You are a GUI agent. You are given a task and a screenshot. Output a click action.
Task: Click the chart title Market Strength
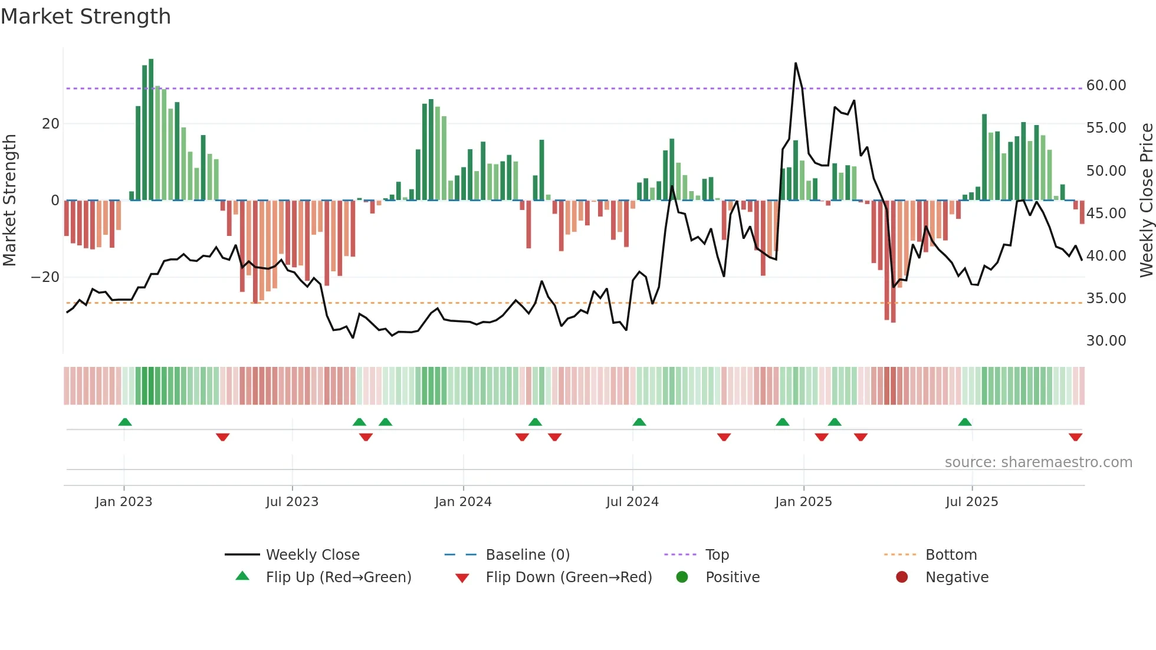(x=86, y=17)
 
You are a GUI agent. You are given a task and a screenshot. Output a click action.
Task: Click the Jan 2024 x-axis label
(x=463, y=502)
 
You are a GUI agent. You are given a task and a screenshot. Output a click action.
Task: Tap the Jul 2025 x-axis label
(x=971, y=502)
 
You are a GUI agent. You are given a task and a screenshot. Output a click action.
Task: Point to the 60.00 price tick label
(x=1106, y=86)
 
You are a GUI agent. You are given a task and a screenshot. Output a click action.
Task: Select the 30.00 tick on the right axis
(x=1106, y=341)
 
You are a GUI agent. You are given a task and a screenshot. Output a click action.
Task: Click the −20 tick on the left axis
(x=45, y=277)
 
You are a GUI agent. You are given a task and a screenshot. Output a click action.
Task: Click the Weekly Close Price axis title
(x=1146, y=201)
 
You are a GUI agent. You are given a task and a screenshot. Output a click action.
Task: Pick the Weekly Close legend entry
(x=312, y=555)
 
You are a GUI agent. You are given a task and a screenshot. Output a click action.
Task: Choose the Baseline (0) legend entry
(x=527, y=555)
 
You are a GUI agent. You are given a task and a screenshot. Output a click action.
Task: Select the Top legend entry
(x=717, y=555)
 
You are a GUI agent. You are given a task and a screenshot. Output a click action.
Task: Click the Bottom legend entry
(x=951, y=555)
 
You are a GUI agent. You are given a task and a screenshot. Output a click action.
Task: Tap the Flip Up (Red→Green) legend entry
(x=338, y=577)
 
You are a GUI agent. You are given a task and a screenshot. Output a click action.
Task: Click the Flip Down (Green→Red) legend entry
(x=569, y=577)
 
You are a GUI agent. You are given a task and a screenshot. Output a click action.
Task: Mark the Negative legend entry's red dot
(x=902, y=577)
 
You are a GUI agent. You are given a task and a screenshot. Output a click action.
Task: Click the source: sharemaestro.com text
(x=1038, y=462)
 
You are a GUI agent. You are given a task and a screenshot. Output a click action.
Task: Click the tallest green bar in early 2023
(x=151, y=130)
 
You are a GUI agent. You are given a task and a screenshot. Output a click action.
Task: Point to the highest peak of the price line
(x=796, y=64)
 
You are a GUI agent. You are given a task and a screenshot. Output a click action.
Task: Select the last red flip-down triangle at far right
(x=1075, y=437)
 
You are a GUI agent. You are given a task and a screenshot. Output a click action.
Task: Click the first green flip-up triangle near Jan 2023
(x=125, y=422)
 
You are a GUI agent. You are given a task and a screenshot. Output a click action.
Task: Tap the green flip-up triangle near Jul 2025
(x=965, y=422)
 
